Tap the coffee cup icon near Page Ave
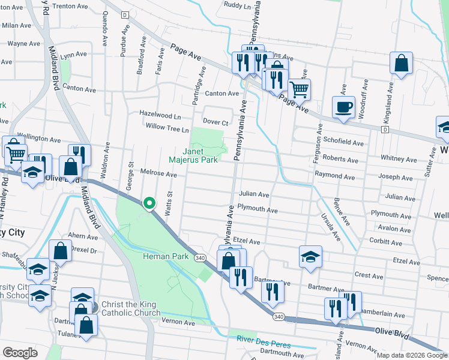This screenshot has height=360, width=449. point(343,108)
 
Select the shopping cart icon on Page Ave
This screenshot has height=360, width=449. point(299,90)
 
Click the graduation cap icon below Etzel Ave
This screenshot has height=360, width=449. point(310,257)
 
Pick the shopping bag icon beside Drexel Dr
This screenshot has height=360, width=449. point(60,252)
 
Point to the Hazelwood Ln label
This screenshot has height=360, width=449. point(160,114)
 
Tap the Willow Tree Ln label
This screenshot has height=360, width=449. point(167,127)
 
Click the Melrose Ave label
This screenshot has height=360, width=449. point(158,174)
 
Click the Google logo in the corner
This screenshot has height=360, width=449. point(20,352)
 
